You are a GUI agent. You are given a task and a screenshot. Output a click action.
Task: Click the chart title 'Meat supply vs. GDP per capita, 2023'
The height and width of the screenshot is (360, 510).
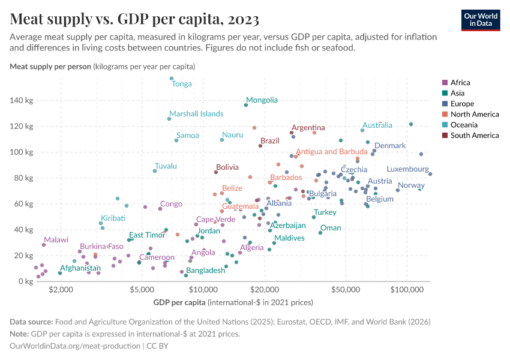[x=134, y=19]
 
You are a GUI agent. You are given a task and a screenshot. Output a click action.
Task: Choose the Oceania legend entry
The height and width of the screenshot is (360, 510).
[x=464, y=125]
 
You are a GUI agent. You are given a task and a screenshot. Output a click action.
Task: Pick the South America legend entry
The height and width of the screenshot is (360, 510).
[x=473, y=136]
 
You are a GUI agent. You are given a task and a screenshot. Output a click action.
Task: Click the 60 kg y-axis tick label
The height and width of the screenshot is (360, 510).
[x=22, y=204]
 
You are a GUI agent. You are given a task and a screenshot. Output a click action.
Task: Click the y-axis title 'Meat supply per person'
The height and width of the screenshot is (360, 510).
[x=50, y=66]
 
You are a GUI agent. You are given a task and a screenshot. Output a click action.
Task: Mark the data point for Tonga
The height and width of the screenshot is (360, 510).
[x=172, y=79]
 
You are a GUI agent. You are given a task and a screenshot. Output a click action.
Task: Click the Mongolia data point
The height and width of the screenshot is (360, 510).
[x=246, y=105]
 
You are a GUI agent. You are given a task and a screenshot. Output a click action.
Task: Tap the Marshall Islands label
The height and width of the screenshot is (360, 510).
[x=196, y=113]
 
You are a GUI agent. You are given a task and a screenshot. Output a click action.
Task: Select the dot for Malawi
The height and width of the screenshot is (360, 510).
[x=44, y=245]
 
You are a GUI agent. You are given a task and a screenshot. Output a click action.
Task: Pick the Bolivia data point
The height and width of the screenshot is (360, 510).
[x=216, y=172]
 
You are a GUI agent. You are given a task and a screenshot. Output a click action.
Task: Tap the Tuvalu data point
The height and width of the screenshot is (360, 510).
[x=155, y=171]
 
